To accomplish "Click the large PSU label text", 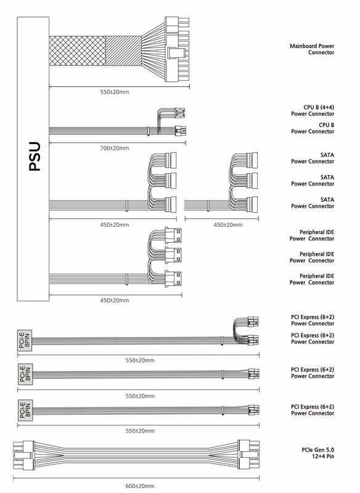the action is tap(35, 157).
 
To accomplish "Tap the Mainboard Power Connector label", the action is tap(312, 49).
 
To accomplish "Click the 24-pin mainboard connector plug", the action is tap(178, 50).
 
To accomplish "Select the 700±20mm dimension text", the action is tap(115, 148).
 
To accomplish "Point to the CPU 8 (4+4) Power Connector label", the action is tap(313, 111).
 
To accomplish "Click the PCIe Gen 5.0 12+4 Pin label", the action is tap(318, 453).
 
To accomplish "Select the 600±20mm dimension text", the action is tap(140, 486).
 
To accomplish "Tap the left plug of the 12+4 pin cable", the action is tap(23, 455).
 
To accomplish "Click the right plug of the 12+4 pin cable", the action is tap(248, 455).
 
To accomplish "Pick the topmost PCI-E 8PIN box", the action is tap(25, 340).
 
